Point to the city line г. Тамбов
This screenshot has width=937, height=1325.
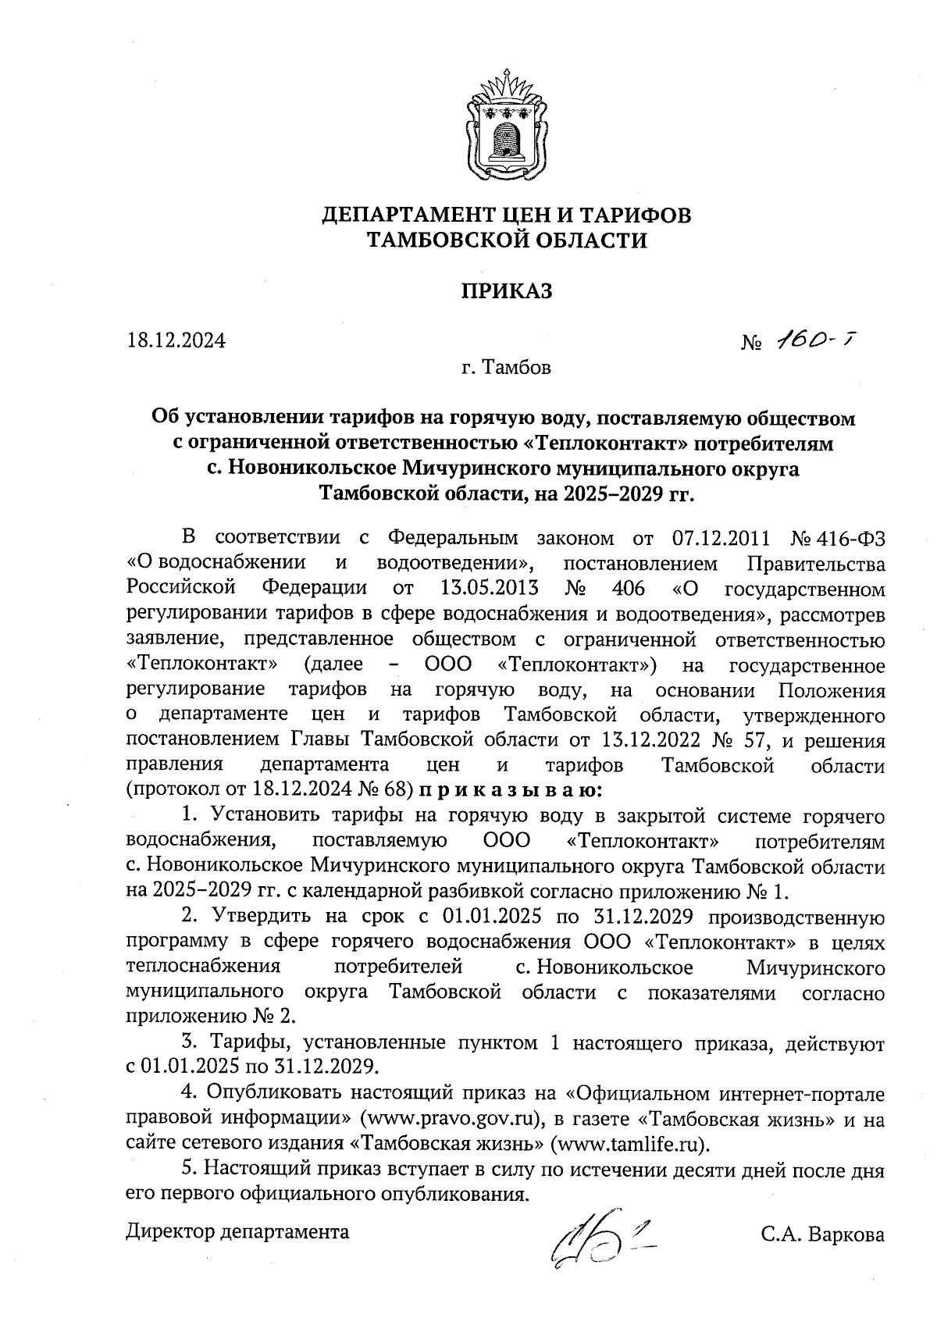[505, 367]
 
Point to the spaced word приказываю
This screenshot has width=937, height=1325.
[511, 789]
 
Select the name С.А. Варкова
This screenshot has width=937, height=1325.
[823, 1235]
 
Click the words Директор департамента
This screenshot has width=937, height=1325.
[237, 1232]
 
